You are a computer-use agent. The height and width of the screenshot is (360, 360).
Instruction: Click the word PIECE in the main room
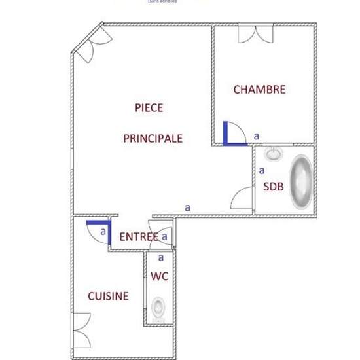(149, 107)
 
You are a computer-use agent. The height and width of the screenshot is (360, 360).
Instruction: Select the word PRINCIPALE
(153, 139)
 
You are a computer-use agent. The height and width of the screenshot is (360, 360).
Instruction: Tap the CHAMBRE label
(259, 90)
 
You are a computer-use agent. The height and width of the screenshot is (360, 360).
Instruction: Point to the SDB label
(274, 186)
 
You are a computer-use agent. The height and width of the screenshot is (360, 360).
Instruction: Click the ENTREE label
(139, 236)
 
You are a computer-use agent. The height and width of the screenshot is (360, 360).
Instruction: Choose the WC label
(160, 276)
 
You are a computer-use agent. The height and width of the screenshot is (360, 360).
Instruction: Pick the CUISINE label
(108, 297)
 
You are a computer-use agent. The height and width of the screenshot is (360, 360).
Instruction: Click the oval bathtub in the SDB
(302, 181)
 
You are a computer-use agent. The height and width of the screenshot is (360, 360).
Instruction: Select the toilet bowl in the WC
(158, 306)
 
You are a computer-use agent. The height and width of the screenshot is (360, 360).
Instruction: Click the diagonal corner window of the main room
(87, 42)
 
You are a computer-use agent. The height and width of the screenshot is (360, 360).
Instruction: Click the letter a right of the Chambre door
(257, 135)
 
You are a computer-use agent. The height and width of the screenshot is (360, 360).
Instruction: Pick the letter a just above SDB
(262, 170)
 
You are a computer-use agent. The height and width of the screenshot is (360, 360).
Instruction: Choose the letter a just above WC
(160, 257)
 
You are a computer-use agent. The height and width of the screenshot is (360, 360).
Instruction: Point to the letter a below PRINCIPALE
(187, 207)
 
